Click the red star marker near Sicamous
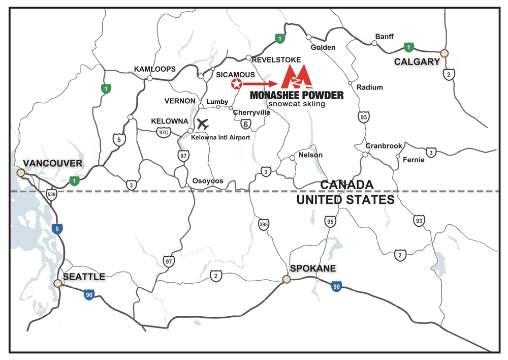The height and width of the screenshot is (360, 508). (236, 84)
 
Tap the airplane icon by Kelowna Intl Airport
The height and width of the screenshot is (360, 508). (203, 123)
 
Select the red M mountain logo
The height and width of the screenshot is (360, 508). (296, 78)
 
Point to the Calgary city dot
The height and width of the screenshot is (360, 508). (444, 52)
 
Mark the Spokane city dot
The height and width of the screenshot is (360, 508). (287, 279)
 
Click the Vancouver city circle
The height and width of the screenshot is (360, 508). (21, 173)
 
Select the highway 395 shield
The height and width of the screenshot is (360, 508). (263, 224)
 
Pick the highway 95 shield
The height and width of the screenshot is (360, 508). (331, 221)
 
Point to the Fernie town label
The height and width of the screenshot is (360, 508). (412, 159)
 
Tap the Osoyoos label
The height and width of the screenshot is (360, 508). (207, 181)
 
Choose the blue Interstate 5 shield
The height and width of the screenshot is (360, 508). (56, 229)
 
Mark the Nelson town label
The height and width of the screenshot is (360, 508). (310, 155)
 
